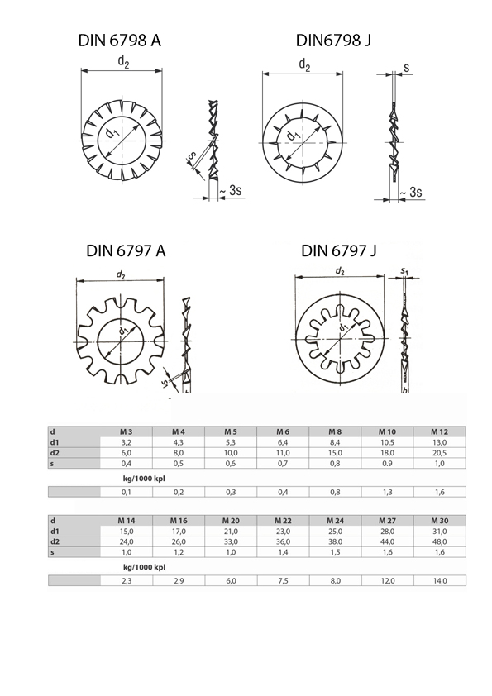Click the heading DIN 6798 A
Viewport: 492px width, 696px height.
[x=119, y=41]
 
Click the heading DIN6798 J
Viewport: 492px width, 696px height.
[x=333, y=41]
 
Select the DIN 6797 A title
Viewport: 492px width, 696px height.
[x=126, y=250]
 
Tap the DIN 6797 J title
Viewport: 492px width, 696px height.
[x=339, y=250]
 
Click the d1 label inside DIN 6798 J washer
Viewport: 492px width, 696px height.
[x=293, y=135]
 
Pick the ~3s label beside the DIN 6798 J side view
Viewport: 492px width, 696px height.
[x=411, y=193]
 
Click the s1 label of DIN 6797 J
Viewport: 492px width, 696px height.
[x=404, y=270]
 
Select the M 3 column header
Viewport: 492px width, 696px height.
[x=127, y=431]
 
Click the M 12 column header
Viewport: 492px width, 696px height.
[x=440, y=431]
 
